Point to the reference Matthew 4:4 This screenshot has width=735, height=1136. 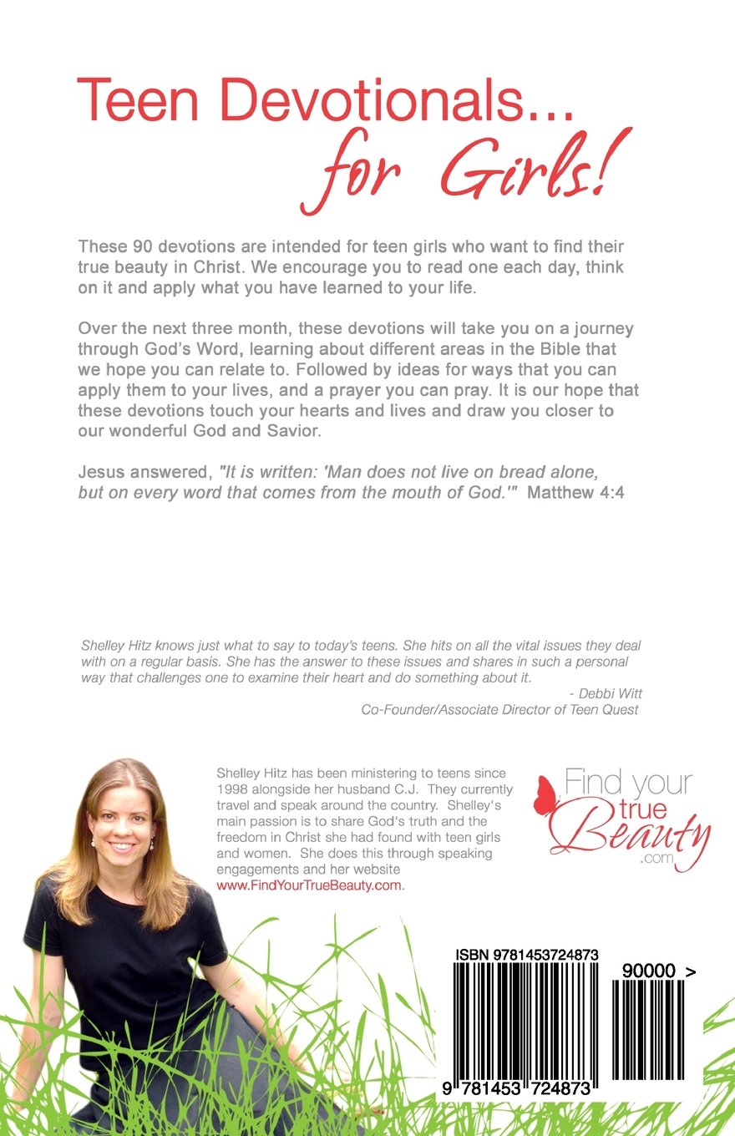(577, 492)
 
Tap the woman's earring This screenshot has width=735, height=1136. (152, 846)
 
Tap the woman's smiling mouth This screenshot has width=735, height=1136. (121, 847)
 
